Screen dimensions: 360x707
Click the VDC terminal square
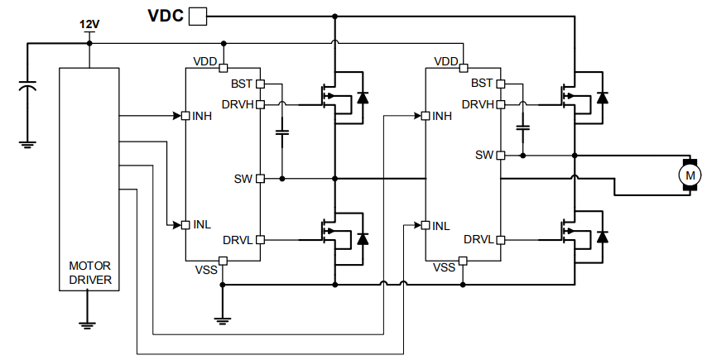point(199,16)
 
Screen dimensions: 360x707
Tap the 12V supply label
point(89,25)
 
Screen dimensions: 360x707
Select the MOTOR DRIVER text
point(90,273)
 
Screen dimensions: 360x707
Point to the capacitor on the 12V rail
point(27,85)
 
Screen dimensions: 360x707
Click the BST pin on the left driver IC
point(260,84)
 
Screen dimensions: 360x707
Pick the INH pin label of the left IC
point(202,115)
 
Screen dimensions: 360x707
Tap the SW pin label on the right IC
point(484,155)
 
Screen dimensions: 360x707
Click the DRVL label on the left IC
point(238,240)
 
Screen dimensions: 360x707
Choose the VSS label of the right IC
point(445,267)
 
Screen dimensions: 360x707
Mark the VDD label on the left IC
point(204,61)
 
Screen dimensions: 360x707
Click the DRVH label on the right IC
point(479,104)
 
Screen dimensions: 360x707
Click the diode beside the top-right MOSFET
point(602,98)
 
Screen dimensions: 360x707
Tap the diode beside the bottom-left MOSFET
point(362,238)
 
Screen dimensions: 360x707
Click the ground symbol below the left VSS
point(223,320)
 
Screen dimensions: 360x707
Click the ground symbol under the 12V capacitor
point(27,143)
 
